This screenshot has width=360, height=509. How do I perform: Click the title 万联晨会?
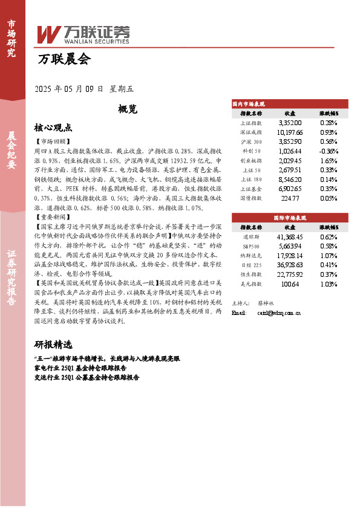(x=64, y=59)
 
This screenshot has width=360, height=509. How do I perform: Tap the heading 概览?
(x=111, y=109)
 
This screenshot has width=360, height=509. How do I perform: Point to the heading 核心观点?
(x=53, y=128)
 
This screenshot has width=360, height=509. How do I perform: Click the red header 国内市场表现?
(x=249, y=104)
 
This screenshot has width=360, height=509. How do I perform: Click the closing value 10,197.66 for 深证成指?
(x=289, y=132)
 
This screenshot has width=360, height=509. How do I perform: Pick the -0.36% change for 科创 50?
(x=328, y=151)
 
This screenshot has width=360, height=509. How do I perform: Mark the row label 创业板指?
(x=250, y=161)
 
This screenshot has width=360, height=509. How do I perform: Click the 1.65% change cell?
(x=328, y=161)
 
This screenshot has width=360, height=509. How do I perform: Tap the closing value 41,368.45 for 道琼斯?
(x=289, y=236)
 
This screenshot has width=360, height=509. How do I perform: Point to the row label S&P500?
(x=250, y=245)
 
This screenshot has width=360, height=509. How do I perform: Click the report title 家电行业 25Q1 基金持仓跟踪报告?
(x=82, y=368)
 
